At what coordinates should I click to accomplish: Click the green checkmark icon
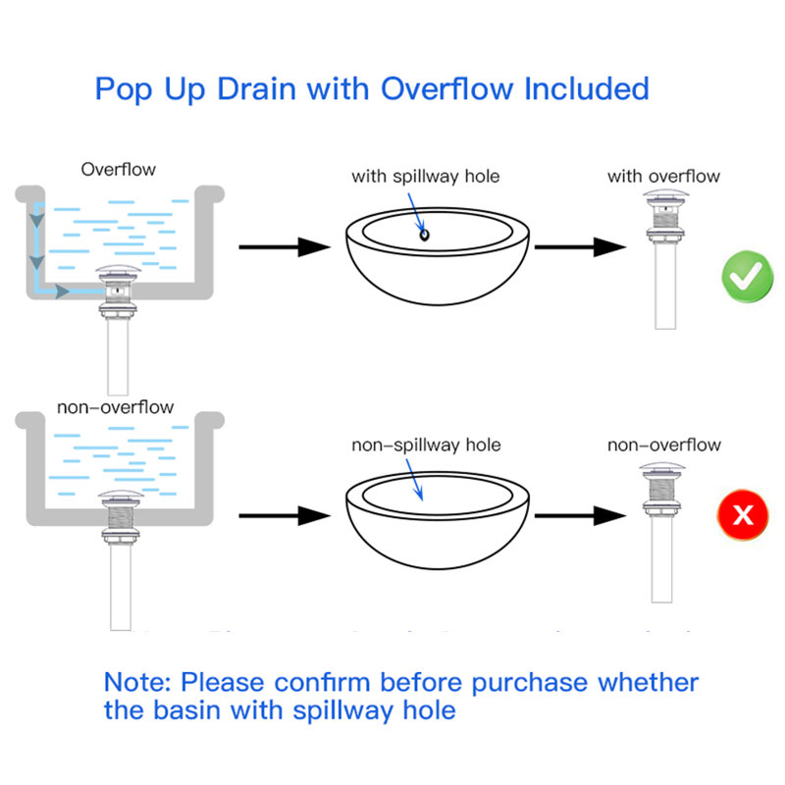point(747,278)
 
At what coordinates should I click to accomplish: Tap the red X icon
point(743,514)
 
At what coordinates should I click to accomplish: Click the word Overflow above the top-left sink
point(118,169)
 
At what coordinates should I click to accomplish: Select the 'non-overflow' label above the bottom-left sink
point(115,407)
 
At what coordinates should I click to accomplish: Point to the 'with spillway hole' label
point(426,177)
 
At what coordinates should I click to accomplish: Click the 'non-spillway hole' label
point(426,445)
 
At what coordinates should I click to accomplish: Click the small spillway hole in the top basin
point(424,235)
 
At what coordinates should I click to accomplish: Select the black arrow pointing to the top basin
point(285,246)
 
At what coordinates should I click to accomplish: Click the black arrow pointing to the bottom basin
point(285,515)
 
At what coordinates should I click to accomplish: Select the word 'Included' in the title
point(586,88)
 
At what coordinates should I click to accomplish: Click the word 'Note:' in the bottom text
point(138,682)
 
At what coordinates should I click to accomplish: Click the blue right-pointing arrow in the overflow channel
point(62,291)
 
